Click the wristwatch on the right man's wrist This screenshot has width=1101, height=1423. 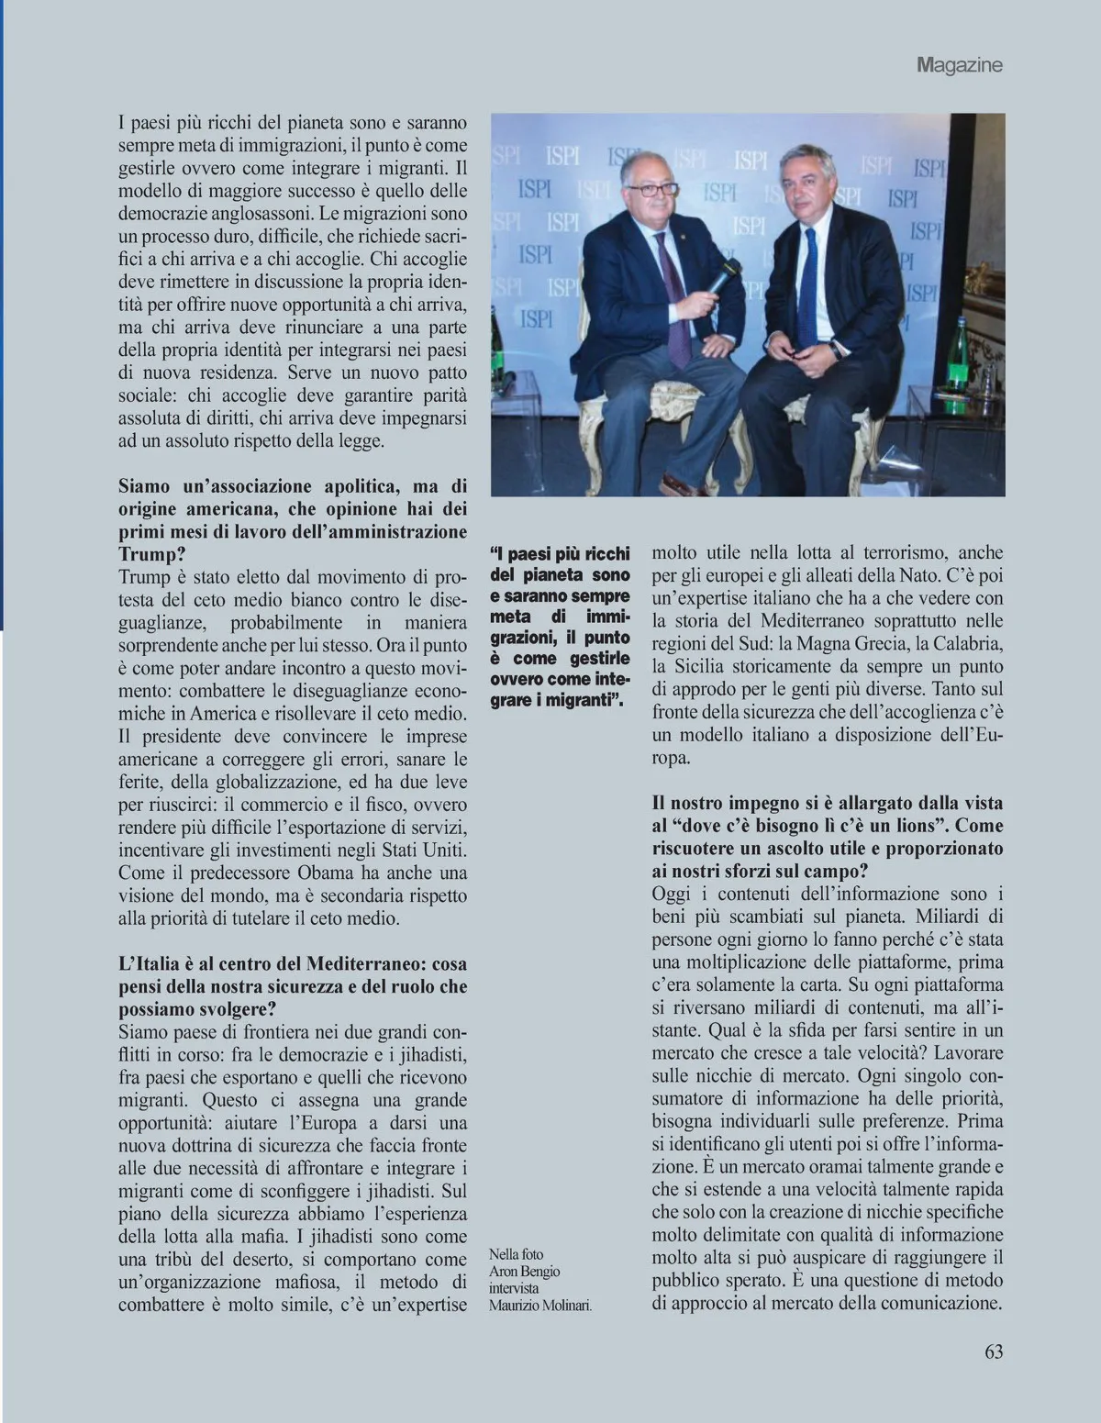coord(836,349)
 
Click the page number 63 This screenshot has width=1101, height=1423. coord(994,1351)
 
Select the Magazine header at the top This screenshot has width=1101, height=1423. coord(959,64)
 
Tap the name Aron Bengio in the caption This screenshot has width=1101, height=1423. coord(524,1271)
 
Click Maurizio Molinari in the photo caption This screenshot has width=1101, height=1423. coord(540,1306)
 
